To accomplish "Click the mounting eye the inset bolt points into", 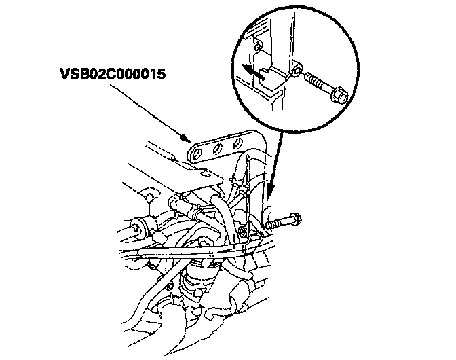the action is (296, 70).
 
